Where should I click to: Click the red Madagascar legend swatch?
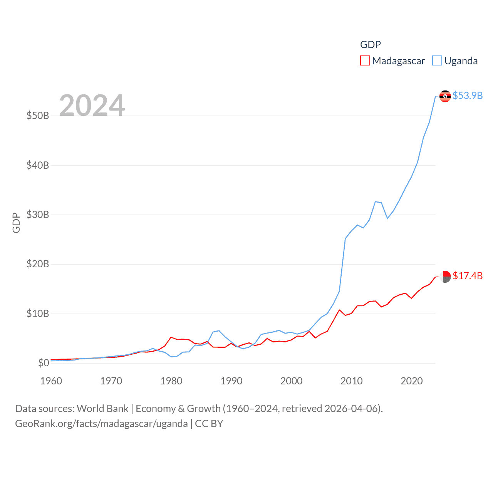pos(365,61)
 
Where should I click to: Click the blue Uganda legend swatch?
pos(437,61)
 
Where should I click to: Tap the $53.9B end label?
pos(468,96)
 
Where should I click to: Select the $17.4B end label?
pos(468,276)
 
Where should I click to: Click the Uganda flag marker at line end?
pos(445,96)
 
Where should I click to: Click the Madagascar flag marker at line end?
pos(445,277)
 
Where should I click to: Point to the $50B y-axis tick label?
pos(38,116)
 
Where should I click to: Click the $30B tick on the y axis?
pos(38,215)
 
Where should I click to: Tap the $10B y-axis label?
pos(38,314)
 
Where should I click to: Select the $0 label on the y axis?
pos(44,363)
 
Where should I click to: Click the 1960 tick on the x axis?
pos(51,381)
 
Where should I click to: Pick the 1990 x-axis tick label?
pos(231,381)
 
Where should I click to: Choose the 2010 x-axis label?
pos(352,381)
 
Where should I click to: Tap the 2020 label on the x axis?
pos(412,381)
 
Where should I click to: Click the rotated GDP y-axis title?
pos(16,223)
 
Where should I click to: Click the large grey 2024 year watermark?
pos(92,105)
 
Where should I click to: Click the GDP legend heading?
pos(371,45)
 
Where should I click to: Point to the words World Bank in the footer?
pos(102,409)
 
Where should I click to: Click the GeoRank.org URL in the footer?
pos(101,424)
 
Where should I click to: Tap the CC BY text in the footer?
pos(209,424)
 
